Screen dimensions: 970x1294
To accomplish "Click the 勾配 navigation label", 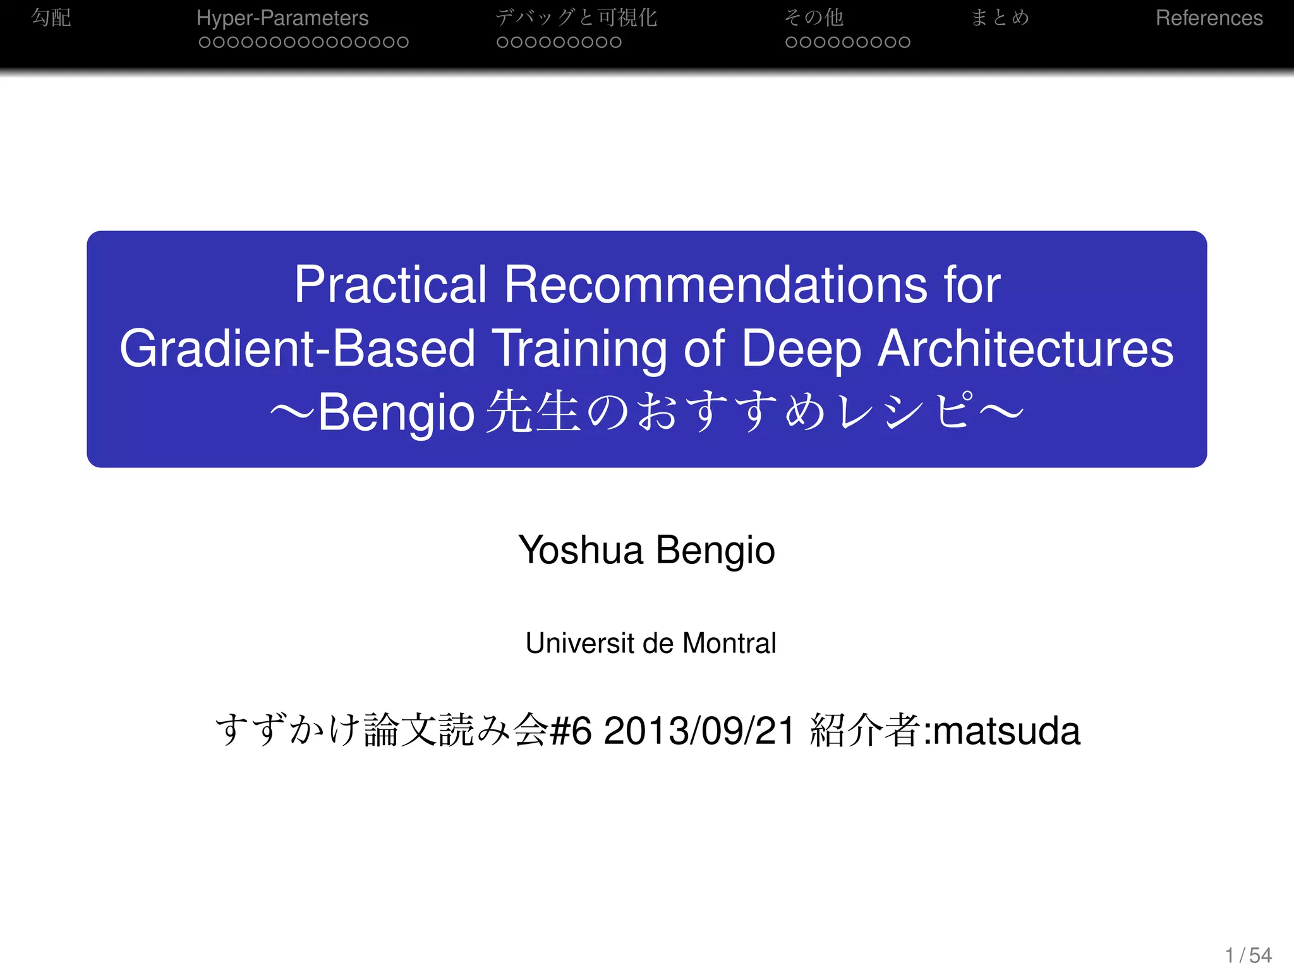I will tap(51, 17).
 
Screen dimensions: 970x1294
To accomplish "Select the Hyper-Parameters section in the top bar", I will tap(282, 18).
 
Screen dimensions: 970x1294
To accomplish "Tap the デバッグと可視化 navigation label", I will tap(576, 18).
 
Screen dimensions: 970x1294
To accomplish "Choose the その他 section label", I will tap(814, 18).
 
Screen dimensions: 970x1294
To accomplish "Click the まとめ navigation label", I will tap(1000, 17).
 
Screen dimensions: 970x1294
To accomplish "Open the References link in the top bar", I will tap(1209, 18).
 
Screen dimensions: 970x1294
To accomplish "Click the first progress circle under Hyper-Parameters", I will tap(204, 42).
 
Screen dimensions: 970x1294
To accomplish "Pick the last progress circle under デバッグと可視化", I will tap(616, 42).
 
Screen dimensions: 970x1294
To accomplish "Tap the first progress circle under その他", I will tap(791, 42).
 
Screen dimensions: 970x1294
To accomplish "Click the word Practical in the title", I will tap(390, 285).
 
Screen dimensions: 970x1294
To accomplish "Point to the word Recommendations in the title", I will tap(716, 285).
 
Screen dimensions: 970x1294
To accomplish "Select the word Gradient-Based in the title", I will tap(297, 349).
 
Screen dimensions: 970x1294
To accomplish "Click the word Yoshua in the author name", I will tap(580, 550).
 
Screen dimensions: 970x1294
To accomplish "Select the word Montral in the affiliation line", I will tap(729, 644).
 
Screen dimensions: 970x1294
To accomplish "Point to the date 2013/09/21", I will tap(699, 731).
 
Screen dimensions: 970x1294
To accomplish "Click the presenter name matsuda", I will tap(1007, 731).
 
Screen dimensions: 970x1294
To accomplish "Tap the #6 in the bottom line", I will tap(571, 731).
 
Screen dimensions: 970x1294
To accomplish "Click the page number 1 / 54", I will tap(1248, 955).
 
